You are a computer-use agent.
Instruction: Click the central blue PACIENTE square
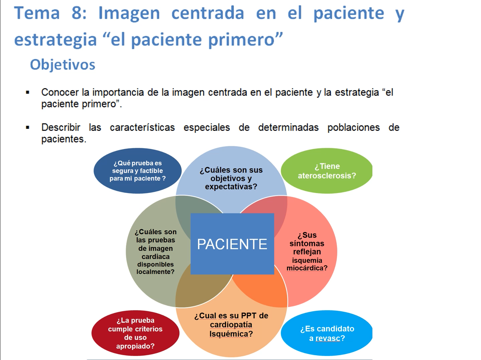click(232, 244)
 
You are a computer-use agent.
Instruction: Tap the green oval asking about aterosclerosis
click(327, 171)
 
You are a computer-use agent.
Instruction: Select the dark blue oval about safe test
click(138, 171)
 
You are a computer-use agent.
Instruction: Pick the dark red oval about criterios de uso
click(135, 333)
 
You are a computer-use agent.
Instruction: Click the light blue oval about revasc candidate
click(327, 333)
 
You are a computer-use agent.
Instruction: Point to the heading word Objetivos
click(63, 65)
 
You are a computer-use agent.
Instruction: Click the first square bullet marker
click(28, 93)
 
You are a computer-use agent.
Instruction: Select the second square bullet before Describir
click(28, 128)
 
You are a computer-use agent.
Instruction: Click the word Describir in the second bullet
click(61, 128)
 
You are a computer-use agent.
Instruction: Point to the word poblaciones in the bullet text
click(353, 128)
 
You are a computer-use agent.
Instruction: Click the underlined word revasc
click(328, 339)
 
